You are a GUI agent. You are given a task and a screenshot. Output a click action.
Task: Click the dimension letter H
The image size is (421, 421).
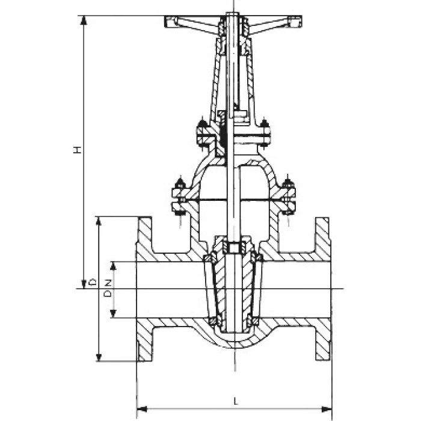(77, 150)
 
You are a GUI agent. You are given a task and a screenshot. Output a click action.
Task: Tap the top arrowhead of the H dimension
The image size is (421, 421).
(84, 19)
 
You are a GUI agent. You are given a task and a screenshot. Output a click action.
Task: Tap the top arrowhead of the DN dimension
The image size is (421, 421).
(112, 265)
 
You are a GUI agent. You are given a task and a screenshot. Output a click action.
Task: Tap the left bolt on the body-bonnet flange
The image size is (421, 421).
(178, 195)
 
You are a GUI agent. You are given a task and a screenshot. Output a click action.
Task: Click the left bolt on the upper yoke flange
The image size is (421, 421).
(202, 134)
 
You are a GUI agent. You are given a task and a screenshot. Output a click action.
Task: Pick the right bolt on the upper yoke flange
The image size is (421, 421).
(264, 134)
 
